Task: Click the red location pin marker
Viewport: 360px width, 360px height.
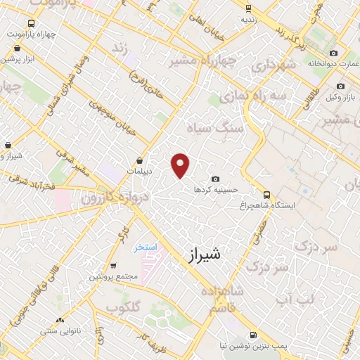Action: [x=181, y=165]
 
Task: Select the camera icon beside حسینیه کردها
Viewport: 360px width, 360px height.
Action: [x=215, y=179]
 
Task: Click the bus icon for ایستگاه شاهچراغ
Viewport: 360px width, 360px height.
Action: [x=266, y=194]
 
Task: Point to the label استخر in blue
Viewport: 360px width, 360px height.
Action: [x=146, y=248]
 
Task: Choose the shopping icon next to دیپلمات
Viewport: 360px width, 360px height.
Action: [x=139, y=160]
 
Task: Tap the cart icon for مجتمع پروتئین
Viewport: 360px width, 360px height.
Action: [x=113, y=266]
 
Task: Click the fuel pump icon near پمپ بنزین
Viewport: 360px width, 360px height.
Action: [x=252, y=335]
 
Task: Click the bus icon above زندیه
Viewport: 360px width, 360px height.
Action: [x=247, y=8]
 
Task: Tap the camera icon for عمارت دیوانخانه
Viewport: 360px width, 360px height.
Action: [x=333, y=53]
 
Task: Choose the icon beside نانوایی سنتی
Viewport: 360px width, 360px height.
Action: [x=60, y=320]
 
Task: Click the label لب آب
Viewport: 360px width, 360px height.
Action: [x=281, y=300]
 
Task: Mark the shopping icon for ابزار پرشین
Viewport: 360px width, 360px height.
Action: [x=17, y=49]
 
